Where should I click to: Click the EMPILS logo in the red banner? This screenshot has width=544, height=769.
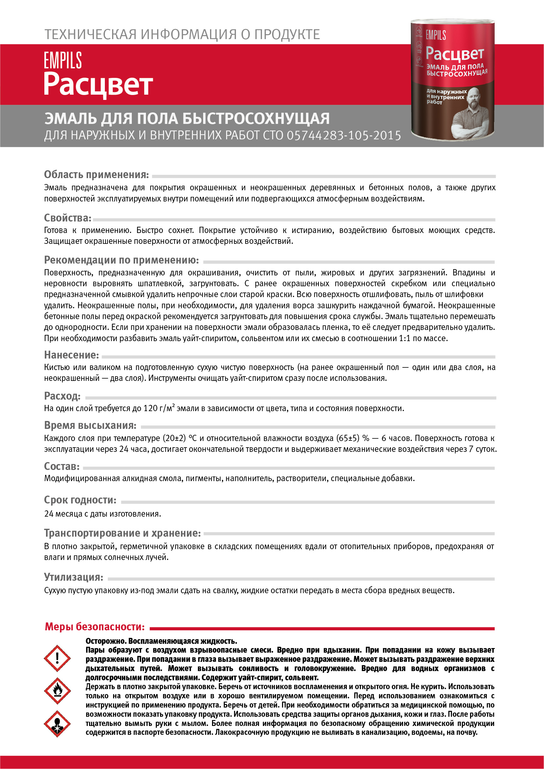point(63,60)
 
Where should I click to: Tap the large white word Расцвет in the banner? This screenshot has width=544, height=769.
point(98,84)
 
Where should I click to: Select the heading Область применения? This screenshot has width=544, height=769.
point(96,175)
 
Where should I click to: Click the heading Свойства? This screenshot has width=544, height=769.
point(68,218)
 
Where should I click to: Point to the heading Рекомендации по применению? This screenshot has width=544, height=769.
point(122,260)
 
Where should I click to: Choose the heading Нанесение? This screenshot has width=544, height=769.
point(72,355)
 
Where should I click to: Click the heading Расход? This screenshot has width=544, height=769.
point(62,396)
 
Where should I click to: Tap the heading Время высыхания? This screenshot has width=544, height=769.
point(90,425)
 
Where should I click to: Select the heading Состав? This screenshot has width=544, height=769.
point(62,466)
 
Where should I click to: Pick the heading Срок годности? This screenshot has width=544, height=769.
point(81,500)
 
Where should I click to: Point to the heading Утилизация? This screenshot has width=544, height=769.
point(74,577)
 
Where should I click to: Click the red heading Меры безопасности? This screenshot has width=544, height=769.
point(95,627)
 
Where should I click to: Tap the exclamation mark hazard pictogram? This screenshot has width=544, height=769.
point(57,658)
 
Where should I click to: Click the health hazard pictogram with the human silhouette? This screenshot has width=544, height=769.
point(57,724)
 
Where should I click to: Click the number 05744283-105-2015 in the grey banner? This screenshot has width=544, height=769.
point(344,135)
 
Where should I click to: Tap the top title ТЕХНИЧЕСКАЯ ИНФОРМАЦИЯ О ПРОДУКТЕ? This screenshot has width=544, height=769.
point(182,35)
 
